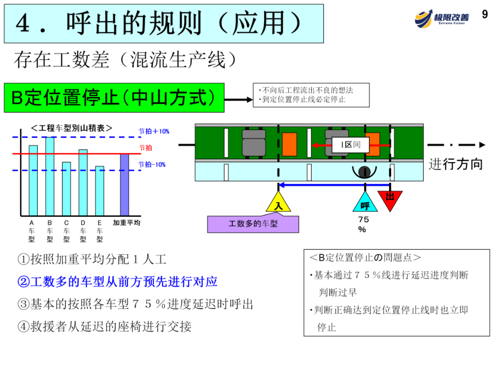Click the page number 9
(x=485, y=14)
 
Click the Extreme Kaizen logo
(x=441, y=18)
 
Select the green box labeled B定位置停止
(x=114, y=98)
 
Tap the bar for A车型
(x=33, y=181)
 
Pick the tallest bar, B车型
(x=50, y=177)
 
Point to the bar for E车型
(x=100, y=191)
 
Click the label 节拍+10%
(x=154, y=132)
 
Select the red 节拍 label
(x=145, y=148)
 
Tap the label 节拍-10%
(x=152, y=164)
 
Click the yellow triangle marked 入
(x=278, y=204)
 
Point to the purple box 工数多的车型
(x=253, y=224)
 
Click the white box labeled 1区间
(x=350, y=145)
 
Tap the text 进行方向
(x=456, y=164)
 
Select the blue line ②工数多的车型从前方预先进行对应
(x=117, y=282)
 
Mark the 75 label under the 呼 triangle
(x=363, y=220)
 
